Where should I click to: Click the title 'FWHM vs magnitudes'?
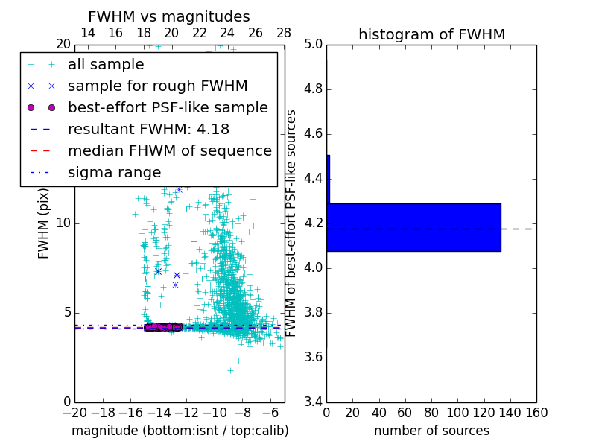pos(168,16)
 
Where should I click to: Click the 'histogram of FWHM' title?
pos(431,34)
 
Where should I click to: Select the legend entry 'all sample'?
pos(106,65)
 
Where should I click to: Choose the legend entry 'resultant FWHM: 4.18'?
pos(148,130)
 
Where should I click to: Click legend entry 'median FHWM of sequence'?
pos(169,151)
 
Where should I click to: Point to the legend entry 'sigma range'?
pos(114,173)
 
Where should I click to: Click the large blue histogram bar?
pos(413,227)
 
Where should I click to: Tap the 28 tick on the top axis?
pos(284,33)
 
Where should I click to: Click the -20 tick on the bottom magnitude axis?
pos(74,412)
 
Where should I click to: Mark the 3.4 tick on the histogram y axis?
pos(313,402)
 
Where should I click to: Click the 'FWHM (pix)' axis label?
pos(44,223)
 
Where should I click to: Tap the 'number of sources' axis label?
pos(431,431)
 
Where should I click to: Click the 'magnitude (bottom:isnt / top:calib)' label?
pos(180,431)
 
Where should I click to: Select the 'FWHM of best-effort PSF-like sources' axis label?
pos(291,223)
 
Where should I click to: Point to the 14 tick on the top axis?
pos(87,33)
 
